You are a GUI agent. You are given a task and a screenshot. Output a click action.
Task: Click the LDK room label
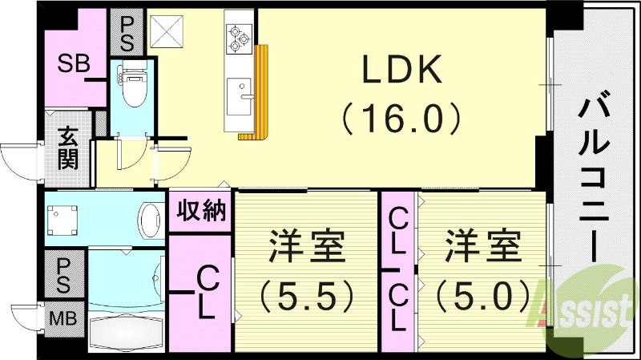tap(402, 73)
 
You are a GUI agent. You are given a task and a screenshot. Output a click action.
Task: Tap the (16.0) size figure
tap(402, 119)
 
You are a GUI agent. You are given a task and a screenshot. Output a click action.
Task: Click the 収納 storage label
tap(200, 212)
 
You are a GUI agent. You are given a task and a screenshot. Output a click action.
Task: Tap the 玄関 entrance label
tap(67, 148)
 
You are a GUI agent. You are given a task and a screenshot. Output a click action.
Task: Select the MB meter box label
tap(64, 318)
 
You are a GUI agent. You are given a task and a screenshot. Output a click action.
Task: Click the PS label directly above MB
tap(64, 273)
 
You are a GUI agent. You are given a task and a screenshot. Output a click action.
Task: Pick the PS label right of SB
tap(127, 32)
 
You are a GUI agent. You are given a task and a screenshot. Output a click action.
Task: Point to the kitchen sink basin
tap(240, 95)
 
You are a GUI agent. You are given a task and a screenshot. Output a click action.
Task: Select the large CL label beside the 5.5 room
tap(205, 293)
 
